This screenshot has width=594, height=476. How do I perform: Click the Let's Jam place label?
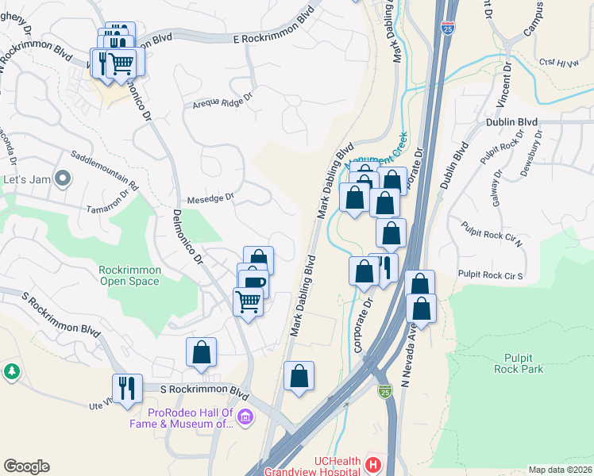coord(27,179)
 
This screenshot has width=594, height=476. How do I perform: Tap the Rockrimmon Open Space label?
coord(130,275)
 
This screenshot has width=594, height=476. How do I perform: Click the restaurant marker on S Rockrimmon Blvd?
coord(127,389)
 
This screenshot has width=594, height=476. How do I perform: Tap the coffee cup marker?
coord(253,284)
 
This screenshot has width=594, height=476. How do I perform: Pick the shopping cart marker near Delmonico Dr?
coord(248,302)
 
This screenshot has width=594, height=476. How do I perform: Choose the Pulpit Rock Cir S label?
coord(491,275)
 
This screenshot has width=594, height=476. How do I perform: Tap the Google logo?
coord(26,466)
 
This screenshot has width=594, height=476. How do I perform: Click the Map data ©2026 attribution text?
coord(560,470)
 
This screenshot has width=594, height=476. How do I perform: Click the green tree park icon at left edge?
coord(11,370)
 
